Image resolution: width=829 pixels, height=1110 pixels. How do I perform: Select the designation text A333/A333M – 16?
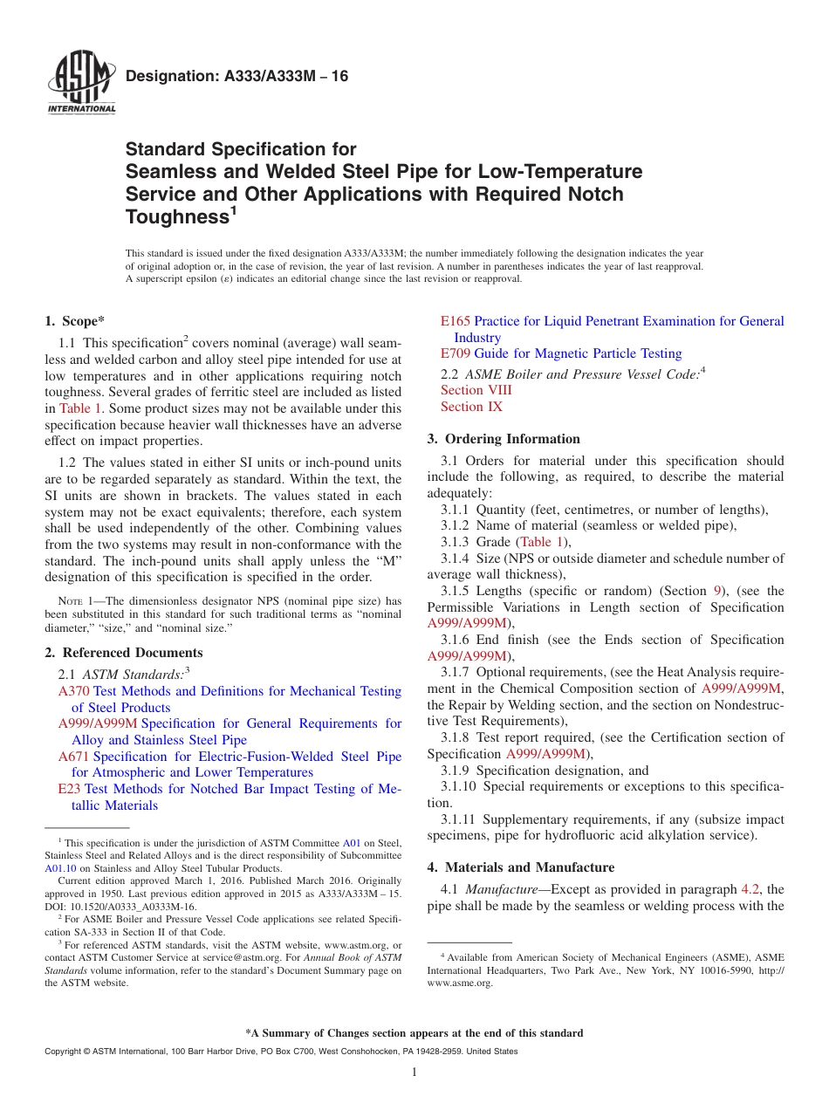(x=236, y=77)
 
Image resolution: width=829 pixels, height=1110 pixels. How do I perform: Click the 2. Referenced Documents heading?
(x=123, y=653)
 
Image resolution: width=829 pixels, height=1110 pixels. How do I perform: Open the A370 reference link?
(x=73, y=691)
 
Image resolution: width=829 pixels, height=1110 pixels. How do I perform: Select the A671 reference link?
(x=73, y=757)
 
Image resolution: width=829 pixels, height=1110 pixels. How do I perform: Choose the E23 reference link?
(x=69, y=789)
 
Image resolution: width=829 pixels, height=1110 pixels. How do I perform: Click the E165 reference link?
(x=456, y=321)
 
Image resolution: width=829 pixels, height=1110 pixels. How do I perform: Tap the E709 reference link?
(x=456, y=353)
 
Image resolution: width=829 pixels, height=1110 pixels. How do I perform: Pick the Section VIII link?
(x=476, y=390)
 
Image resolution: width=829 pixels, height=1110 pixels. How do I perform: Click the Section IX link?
(x=471, y=407)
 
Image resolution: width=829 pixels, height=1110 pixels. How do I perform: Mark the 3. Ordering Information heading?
(x=504, y=439)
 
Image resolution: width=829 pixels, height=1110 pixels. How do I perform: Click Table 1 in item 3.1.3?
(x=541, y=542)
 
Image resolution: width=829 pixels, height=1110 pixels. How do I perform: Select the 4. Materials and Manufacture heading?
(x=520, y=867)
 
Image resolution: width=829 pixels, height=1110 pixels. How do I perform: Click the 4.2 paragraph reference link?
(x=750, y=890)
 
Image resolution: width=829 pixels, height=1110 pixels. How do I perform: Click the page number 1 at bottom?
(x=414, y=1072)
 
